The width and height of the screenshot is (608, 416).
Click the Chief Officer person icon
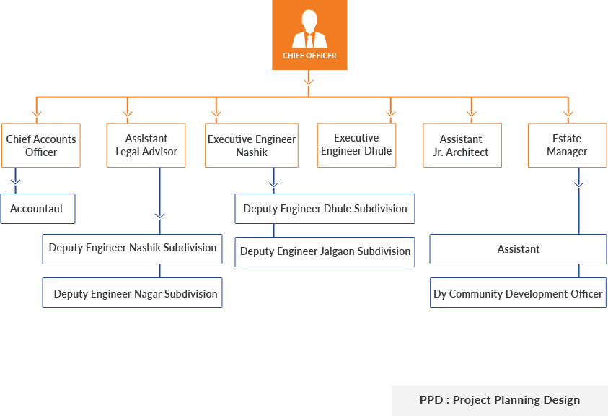pyautogui.click(x=309, y=29)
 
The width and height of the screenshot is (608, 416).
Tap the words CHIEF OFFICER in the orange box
pyautogui.click(x=309, y=56)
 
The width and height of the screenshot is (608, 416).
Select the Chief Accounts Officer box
pyautogui.click(x=41, y=145)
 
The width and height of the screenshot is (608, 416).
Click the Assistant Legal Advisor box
pyautogui.click(x=146, y=144)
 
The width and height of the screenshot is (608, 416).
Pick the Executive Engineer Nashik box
pyautogui.click(x=252, y=145)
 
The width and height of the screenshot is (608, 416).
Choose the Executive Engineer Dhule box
pyautogui.click(x=356, y=144)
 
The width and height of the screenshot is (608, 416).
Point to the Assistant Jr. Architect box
pyautogui.click(x=461, y=145)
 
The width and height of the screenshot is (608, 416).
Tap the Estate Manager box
pyautogui.click(x=567, y=144)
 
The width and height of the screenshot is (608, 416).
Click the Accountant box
pyautogui.click(x=37, y=209)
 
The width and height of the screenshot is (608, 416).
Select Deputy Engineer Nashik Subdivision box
pyautogui.click(x=133, y=248)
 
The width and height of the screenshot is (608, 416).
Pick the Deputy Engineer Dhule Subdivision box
pyautogui.click(x=325, y=209)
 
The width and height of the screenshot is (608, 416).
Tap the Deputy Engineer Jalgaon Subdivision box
pyautogui.click(x=325, y=251)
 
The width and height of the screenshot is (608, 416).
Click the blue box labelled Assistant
pyautogui.click(x=518, y=249)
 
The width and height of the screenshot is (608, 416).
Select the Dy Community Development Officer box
pyautogui.click(x=518, y=294)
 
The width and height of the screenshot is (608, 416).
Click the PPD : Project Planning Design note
pyautogui.click(x=499, y=399)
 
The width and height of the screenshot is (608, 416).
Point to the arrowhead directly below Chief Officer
pyautogui.click(x=309, y=82)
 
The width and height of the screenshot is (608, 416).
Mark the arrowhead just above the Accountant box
pyautogui.click(x=16, y=182)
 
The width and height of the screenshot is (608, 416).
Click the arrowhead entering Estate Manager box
pyautogui.click(x=568, y=114)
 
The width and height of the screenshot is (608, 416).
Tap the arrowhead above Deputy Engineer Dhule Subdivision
pyautogui.click(x=273, y=186)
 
